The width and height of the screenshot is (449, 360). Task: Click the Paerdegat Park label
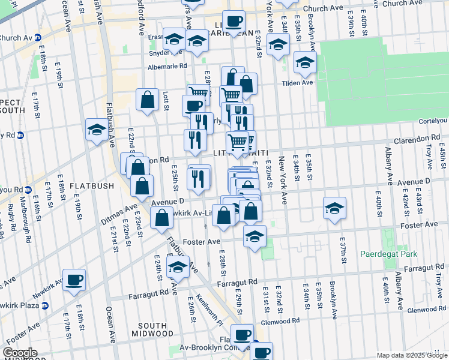point(388,254)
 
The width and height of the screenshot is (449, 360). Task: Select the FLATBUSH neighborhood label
point(91,185)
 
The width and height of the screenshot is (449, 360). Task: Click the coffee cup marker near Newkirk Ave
point(74,280)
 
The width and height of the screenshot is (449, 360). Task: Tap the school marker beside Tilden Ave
point(305,62)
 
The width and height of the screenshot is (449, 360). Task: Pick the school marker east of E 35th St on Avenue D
point(335,208)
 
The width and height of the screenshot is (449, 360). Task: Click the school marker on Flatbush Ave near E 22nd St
point(97,129)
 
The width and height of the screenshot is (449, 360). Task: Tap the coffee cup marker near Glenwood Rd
point(243,335)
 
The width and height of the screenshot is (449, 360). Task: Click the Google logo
point(20,353)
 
